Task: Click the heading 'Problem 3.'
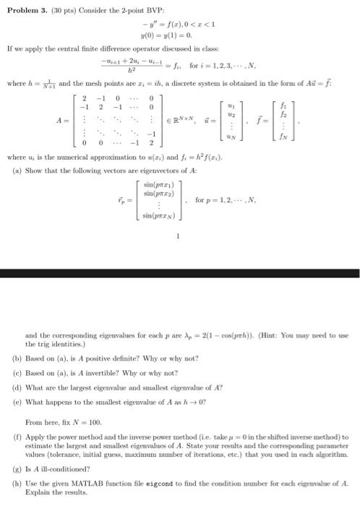tap(22, 7)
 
